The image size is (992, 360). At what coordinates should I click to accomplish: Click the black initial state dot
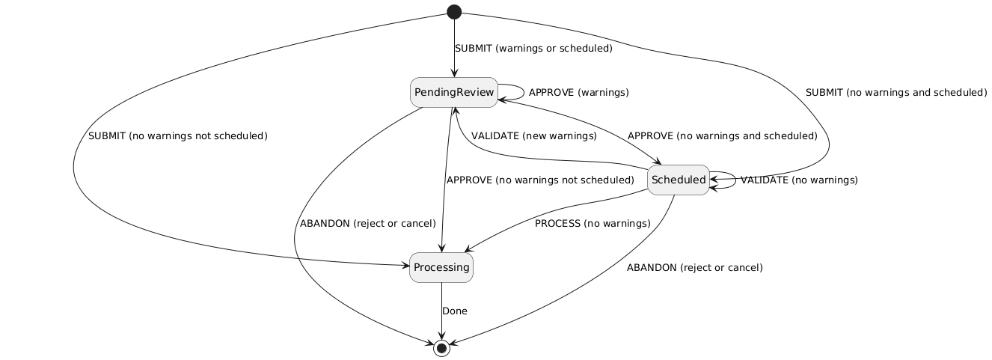click(x=454, y=11)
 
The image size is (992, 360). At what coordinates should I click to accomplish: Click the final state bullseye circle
click(x=441, y=348)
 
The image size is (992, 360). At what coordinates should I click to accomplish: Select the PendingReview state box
click(x=454, y=92)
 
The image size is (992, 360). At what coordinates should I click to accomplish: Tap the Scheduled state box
click(x=679, y=180)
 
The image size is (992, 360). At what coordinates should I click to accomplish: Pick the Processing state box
click(x=441, y=268)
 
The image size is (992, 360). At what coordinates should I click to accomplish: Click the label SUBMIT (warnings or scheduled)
click(x=533, y=49)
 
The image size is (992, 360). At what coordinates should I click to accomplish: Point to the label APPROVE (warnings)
click(x=578, y=93)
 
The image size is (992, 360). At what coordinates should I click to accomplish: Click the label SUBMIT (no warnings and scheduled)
click(x=895, y=93)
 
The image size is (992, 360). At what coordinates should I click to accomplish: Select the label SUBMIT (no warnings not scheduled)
click(x=177, y=136)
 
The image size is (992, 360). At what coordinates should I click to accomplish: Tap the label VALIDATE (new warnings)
click(x=533, y=136)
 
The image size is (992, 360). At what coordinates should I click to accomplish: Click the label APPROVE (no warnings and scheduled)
click(x=722, y=136)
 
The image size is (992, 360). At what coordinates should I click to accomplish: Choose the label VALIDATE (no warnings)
click(x=799, y=180)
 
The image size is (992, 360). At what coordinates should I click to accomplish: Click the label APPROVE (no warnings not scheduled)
click(x=539, y=180)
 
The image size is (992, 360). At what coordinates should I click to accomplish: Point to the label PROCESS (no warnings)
click(x=593, y=224)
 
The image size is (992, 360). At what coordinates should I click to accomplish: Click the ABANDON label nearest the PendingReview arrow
click(x=367, y=224)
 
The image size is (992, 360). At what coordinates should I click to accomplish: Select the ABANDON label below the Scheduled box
click(x=694, y=267)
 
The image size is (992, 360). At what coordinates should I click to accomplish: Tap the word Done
click(x=455, y=311)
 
